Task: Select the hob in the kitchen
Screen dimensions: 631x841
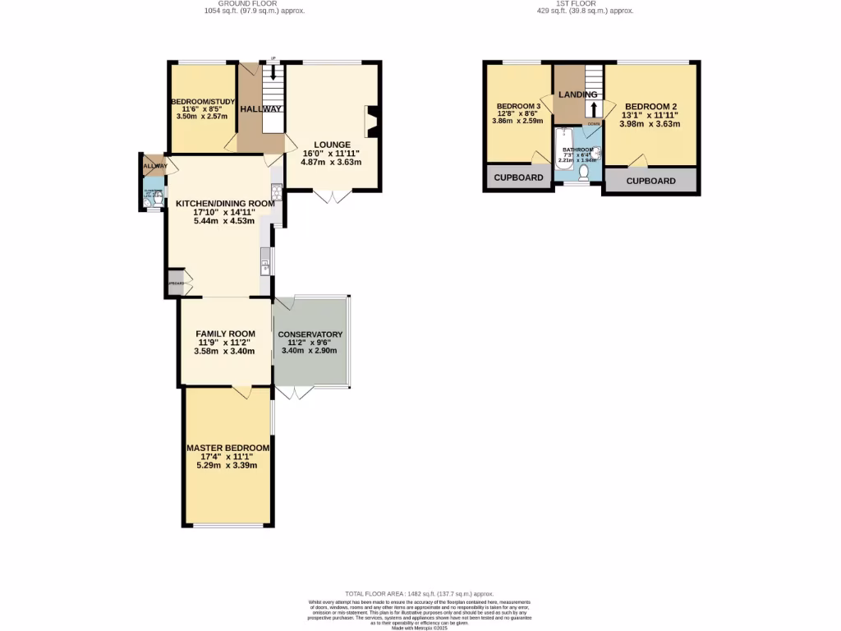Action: [277, 193]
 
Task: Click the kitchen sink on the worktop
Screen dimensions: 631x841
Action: [266, 266]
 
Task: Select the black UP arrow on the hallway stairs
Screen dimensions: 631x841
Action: [273, 71]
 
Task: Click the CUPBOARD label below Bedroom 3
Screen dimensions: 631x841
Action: [518, 178]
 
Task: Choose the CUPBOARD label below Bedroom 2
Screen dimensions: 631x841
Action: [650, 181]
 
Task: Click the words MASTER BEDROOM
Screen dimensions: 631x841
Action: [227, 448]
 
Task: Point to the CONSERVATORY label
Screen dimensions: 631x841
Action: [310, 335]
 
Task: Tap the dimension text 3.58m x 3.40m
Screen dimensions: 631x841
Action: [224, 352]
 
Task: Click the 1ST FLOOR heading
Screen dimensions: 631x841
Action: [575, 4]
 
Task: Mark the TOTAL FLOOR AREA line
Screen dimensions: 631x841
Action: [420, 593]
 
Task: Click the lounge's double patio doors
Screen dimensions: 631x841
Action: [333, 196]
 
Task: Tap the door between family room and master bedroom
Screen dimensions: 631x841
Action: [241, 392]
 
